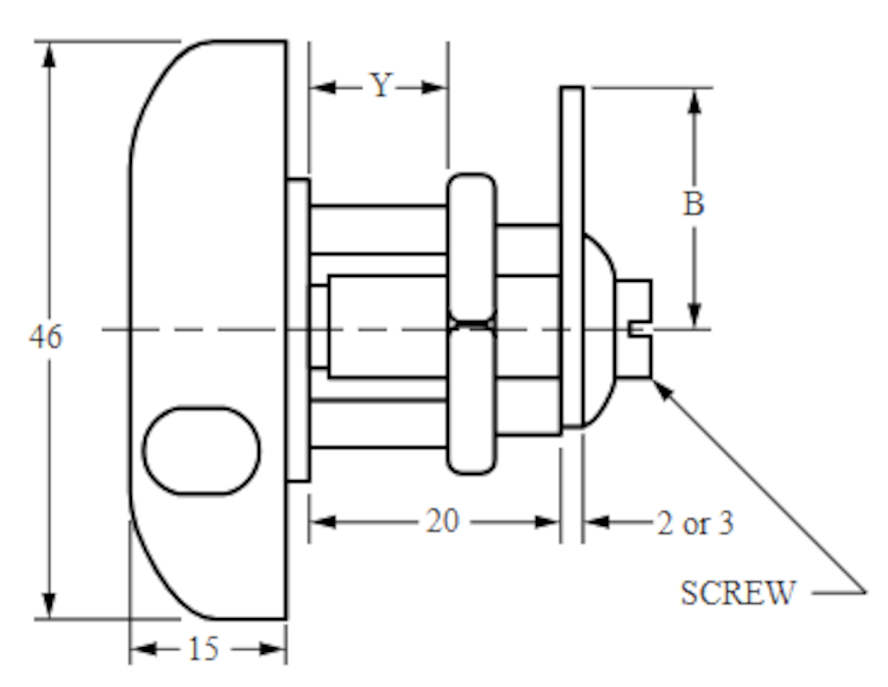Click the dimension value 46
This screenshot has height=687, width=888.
pyautogui.click(x=45, y=337)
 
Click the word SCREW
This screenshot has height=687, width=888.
pyautogui.click(x=738, y=593)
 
